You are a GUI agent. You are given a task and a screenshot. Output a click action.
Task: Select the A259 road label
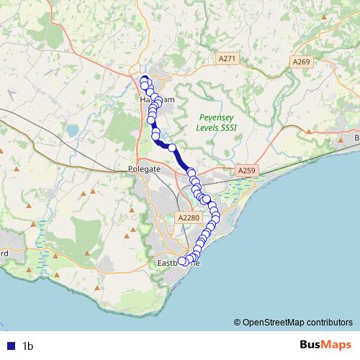click(247, 171)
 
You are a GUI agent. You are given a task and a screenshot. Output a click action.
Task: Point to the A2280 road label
click(186, 216)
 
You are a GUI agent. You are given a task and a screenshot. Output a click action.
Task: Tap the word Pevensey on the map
click(217, 117)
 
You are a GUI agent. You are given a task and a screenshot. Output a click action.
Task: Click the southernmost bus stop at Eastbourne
click(183, 262)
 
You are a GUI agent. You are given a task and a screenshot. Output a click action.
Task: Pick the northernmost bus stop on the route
click(144, 80)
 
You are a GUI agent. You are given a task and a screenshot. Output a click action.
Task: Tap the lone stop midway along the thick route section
click(172, 148)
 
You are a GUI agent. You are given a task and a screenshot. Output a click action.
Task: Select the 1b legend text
click(28, 346)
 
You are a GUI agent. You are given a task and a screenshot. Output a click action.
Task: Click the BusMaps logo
click(322, 345)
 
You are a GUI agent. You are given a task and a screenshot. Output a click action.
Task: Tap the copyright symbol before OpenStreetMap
click(238, 322)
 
